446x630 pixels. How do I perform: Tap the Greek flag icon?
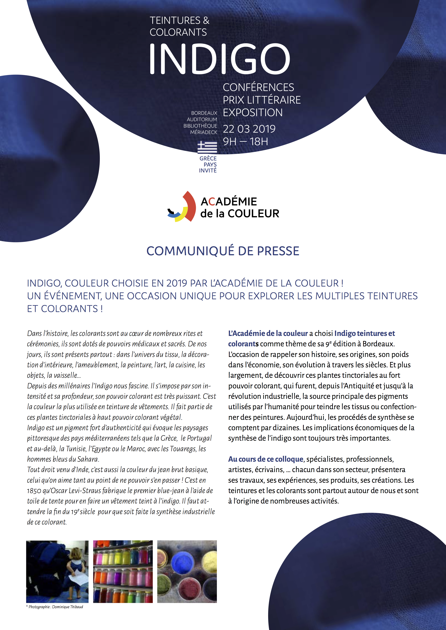point(207,147)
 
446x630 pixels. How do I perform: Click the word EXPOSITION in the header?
point(253,112)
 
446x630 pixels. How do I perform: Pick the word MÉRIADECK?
point(204,132)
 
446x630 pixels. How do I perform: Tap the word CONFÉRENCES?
point(258,87)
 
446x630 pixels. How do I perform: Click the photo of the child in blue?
point(57,572)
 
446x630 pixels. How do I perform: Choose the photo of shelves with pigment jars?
point(123,572)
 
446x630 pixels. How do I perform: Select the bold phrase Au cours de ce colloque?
point(266,459)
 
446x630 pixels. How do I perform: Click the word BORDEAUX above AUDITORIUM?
point(204,113)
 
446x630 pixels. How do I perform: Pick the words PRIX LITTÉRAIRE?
point(261,100)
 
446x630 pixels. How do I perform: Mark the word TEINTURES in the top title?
point(175,21)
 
